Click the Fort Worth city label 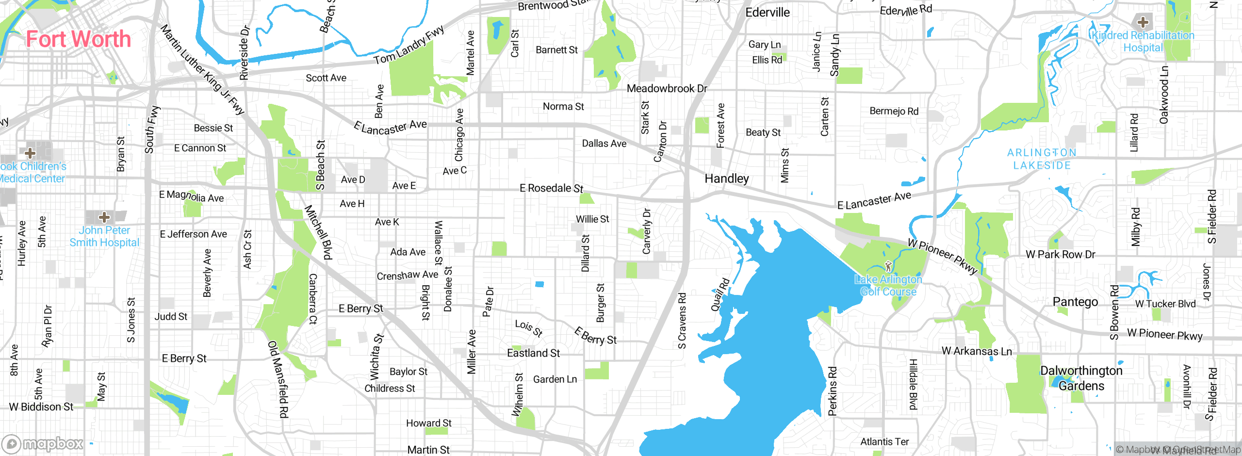tap(79, 39)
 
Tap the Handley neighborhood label tap(726, 179)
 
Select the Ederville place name tap(768, 13)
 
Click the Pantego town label tap(1075, 302)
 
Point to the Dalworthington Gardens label tap(1081, 378)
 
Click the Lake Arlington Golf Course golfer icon tap(888, 266)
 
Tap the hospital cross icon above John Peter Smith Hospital tap(104, 217)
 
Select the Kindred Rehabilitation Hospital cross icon tap(1143, 22)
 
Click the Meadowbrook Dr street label tap(667, 88)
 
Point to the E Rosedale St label tap(551, 188)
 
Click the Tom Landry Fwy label tap(409, 45)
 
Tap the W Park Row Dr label tap(1060, 254)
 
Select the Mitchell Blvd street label tap(319, 232)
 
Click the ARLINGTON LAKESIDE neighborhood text tap(1042, 159)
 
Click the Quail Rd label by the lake tap(720, 294)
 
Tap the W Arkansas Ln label tap(976, 351)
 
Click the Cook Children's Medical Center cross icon tap(30, 153)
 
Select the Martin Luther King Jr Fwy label tap(202, 69)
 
